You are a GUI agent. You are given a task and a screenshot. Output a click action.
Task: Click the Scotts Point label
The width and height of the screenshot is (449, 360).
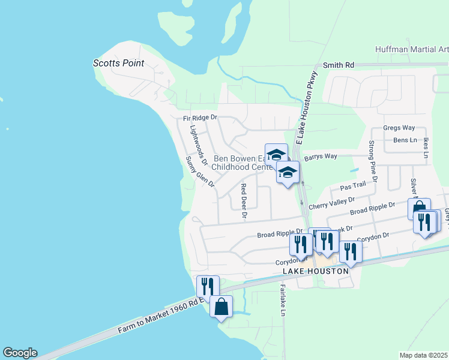(x=118, y=63)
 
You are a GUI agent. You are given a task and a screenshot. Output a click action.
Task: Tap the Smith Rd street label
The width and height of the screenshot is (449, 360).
(x=339, y=65)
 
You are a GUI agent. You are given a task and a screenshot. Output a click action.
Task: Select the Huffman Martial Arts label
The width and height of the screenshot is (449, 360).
(x=411, y=49)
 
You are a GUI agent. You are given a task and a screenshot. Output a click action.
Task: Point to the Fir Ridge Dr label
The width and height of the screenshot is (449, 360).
(x=199, y=119)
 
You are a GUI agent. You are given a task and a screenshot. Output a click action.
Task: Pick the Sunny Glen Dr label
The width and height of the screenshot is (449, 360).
(x=199, y=172)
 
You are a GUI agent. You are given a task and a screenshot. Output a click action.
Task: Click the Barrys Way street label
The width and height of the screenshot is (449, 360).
(x=321, y=157)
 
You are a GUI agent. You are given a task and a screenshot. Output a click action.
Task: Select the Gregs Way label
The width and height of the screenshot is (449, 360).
(x=399, y=128)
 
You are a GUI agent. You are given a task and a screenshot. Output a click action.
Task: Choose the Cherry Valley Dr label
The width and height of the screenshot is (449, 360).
(x=332, y=204)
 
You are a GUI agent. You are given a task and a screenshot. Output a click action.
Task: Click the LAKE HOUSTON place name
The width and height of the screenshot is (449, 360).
(x=315, y=272)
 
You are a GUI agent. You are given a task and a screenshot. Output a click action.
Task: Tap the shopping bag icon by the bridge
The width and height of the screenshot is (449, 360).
(x=221, y=307)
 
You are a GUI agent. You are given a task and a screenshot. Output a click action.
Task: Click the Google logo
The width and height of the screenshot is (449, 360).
(x=20, y=353)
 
